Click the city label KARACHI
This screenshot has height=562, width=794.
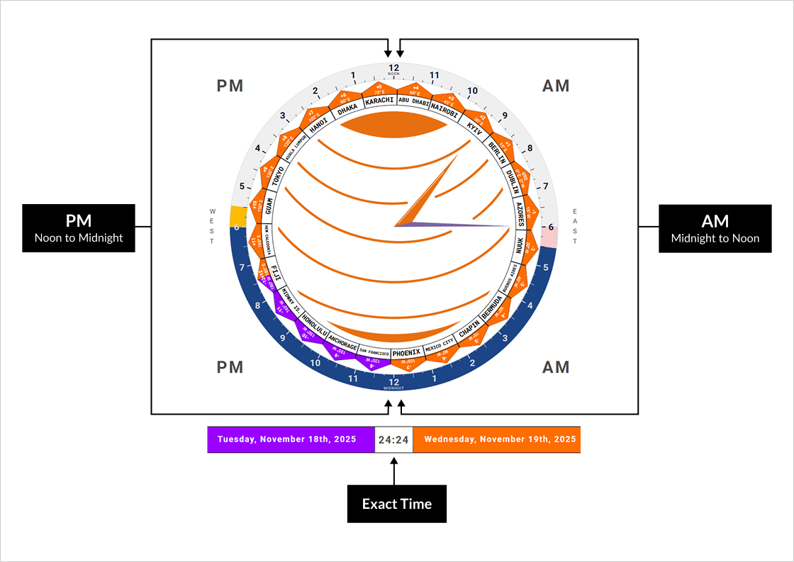[379, 101]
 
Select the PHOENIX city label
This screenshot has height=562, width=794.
[407, 352]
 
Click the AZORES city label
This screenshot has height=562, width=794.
[520, 213]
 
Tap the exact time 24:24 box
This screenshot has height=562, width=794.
[393, 439]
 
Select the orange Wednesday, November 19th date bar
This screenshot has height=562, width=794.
[496, 439]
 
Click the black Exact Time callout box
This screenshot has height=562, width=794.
[397, 504]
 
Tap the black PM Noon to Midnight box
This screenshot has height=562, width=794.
[79, 228]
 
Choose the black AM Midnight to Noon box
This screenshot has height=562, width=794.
[715, 228]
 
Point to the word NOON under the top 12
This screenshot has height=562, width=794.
[394, 74]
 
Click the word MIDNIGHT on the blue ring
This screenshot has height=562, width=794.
[394, 388]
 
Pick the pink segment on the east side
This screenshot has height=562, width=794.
[550, 237]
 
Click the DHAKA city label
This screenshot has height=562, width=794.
[348, 109]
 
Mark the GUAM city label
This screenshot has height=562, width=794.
[269, 206]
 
